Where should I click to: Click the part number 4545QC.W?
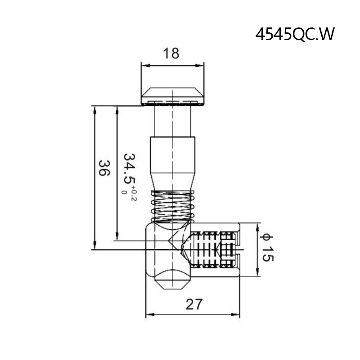tap(295, 35)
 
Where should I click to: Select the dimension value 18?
tap(171, 53)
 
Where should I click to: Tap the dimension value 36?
tap(104, 168)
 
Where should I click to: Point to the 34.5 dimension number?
tap(130, 168)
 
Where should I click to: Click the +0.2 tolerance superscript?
tap(134, 196)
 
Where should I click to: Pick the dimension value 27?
tap(194, 305)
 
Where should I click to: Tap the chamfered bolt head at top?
tap(172, 96)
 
